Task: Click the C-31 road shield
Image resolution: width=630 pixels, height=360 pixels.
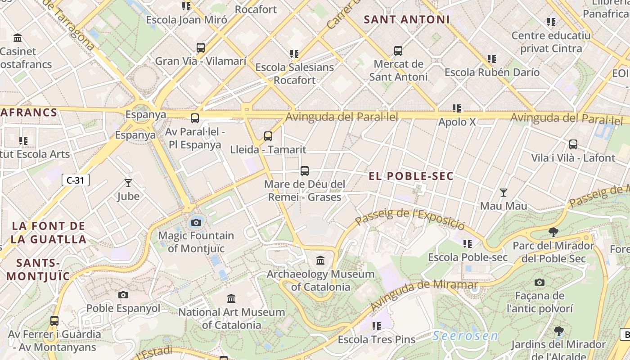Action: pos(75,180)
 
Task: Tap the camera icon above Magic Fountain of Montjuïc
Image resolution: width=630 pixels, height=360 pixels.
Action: pos(196,222)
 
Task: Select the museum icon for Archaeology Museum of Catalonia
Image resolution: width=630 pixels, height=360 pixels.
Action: pos(320,261)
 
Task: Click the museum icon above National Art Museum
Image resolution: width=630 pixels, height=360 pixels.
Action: pos(231,298)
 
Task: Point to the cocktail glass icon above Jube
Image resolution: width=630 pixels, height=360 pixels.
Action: pos(128,183)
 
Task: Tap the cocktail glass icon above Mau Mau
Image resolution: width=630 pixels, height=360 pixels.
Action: pos(504,193)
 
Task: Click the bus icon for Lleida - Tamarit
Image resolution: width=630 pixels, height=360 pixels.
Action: pos(268,136)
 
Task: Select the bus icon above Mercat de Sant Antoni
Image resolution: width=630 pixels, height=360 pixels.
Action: pos(398,50)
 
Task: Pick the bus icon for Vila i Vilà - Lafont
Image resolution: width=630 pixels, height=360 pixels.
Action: pos(573,144)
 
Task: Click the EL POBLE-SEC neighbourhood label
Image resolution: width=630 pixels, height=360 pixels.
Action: pos(411,176)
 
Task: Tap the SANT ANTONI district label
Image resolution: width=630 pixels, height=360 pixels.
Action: pos(407,20)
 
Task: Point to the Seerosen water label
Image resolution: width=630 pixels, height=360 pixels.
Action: pos(466,336)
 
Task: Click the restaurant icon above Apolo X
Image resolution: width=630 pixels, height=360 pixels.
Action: pos(457,108)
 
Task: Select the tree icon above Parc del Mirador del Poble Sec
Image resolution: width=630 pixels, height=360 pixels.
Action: pos(553,232)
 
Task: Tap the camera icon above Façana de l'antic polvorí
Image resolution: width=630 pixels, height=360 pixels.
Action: pos(539,282)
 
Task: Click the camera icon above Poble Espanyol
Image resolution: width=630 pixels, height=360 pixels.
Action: pos(123,295)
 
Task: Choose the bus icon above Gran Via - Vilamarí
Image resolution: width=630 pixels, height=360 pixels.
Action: pos(201,47)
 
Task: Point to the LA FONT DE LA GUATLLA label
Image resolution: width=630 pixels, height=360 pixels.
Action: pos(49,233)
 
